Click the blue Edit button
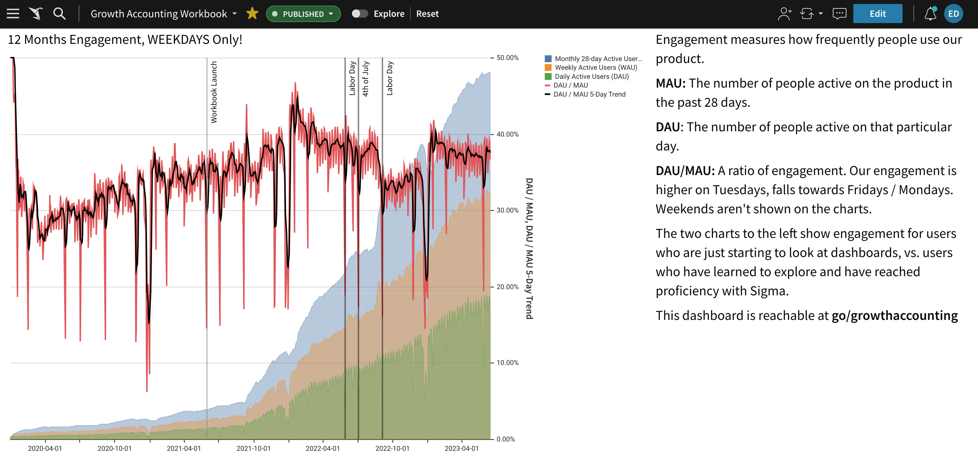click(x=877, y=14)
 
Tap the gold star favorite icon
click(x=252, y=14)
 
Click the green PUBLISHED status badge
click(x=303, y=14)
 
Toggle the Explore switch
click(x=360, y=14)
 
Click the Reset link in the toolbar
click(x=427, y=14)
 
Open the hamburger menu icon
click(x=13, y=14)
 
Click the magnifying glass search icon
click(x=59, y=14)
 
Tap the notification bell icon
click(x=930, y=14)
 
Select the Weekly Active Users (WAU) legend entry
click(x=591, y=67)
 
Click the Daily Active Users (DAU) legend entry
click(x=587, y=77)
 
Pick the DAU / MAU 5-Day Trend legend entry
click(x=585, y=94)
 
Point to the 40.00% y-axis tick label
click(x=507, y=134)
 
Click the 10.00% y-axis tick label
click(x=507, y=363)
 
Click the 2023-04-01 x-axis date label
click(x=462, y=448)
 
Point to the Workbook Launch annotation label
click(x=214, y=92)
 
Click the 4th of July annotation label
click(x=365, y=79)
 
